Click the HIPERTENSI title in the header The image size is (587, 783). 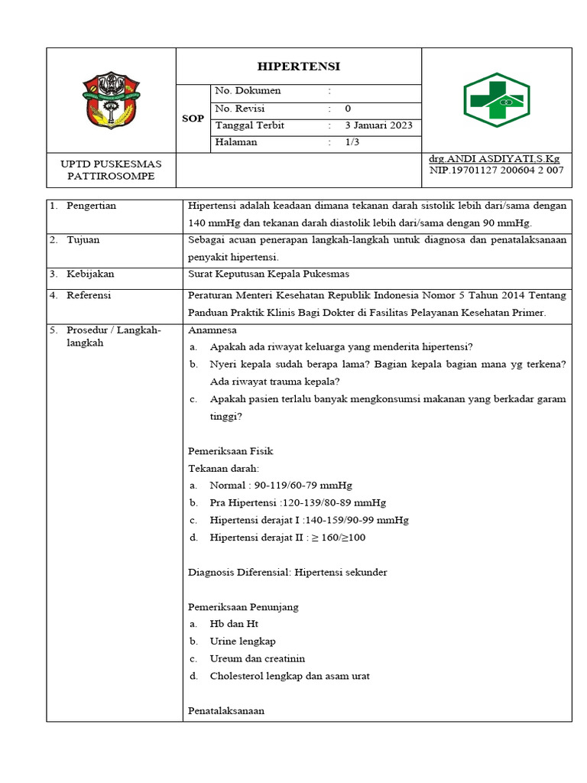pos(299,66)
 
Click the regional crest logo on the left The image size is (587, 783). pos(112,100)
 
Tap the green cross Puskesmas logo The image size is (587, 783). pos(496,100)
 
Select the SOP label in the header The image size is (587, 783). pos(192,119)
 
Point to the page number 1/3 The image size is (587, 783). pos(352,142)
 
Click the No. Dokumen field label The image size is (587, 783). pos(248,91)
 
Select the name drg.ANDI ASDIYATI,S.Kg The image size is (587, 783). pos(495,158)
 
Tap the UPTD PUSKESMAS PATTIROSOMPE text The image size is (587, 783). pos(112,170)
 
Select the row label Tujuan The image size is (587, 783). pos(83,240)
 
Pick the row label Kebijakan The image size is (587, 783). pos(89,274)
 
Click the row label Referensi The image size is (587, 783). pos(89,295)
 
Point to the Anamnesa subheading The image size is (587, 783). pos(212,330)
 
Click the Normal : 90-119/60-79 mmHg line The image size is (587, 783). pos(281,486)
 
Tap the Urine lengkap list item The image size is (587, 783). pos(242,642)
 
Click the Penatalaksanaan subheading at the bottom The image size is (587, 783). pos(226,710)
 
